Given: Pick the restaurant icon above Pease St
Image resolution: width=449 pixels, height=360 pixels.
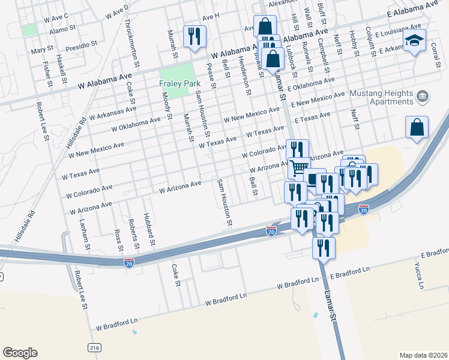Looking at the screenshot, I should pyautogui.click(x=194, y=36).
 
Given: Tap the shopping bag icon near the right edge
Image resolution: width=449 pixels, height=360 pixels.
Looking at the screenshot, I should pyautogui.click(x=417, y=127).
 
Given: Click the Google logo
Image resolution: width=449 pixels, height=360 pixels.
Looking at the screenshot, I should pyautogui.click(x=20, y=353).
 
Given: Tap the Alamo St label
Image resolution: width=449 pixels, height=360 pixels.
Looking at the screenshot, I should pyautogui.click(x=62, y=28).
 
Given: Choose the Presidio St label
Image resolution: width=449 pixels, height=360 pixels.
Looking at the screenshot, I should pyautogui.click(x=82, y=44).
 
